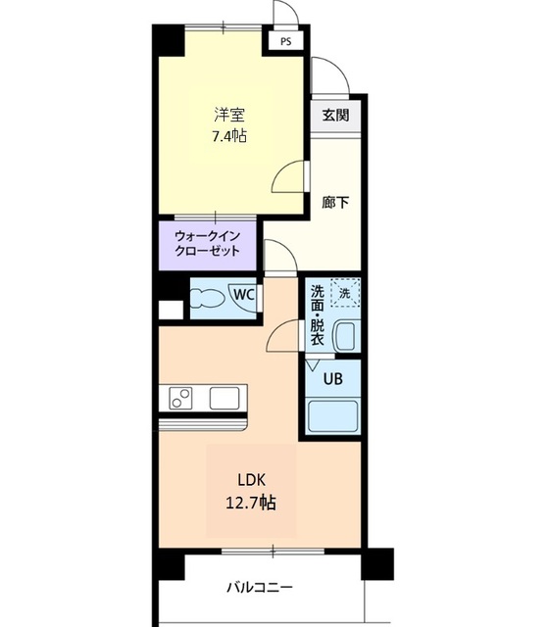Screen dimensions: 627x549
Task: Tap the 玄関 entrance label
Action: point(334,114)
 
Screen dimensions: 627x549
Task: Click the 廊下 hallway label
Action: point(334,203)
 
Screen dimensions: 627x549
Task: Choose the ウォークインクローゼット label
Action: point(208,243)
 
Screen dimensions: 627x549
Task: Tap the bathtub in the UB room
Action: point(333,415)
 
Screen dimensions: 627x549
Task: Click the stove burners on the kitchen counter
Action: point(181,398)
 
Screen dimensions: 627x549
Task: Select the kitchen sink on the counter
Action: point(225,398)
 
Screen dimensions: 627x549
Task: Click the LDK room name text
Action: point(251,480)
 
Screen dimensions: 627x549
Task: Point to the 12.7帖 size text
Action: point(251,504)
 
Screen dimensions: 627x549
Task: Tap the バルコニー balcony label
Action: point(260,588)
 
